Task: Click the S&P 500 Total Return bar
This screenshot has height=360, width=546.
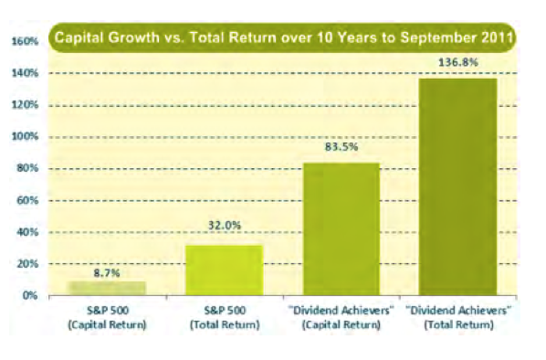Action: (224, 270)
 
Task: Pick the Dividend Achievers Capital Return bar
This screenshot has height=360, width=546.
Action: (341, 228)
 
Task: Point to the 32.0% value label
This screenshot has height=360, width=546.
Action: (224, 234)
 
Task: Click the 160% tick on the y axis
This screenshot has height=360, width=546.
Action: (24, 41)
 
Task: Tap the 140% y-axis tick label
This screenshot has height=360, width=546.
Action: (24, 73)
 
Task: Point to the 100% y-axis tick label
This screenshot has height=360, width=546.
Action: (24, 137)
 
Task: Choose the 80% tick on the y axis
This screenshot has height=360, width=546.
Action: (26, 169)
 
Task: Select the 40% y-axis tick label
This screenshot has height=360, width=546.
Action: (26, 232)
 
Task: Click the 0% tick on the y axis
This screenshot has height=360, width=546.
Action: (28, 296)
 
